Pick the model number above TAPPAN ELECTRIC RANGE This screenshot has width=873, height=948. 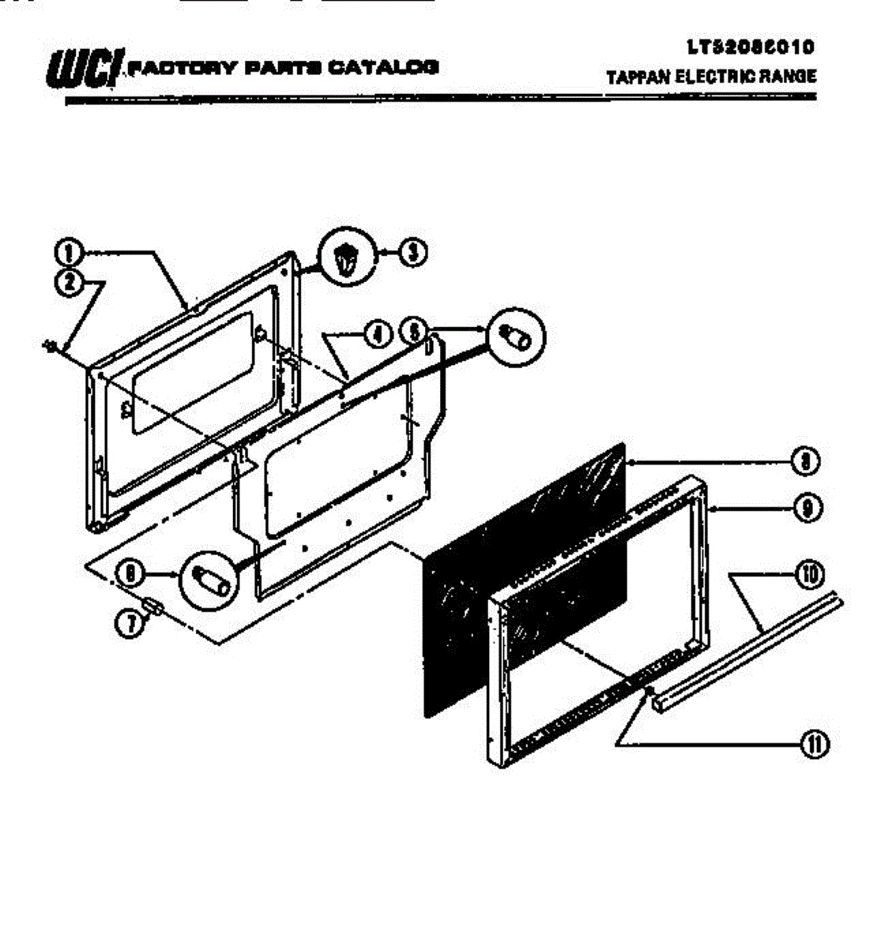pyautogui.click(x=750, y=47)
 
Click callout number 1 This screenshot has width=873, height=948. pyautogui.click(x=68, y=254)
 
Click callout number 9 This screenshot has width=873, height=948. pyautogui.click(x=805, y=508)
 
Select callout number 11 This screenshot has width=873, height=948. pyautogui.click(x=814, y=744)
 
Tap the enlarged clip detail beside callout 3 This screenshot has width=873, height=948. pyautogui.click(x=344, y=258)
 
